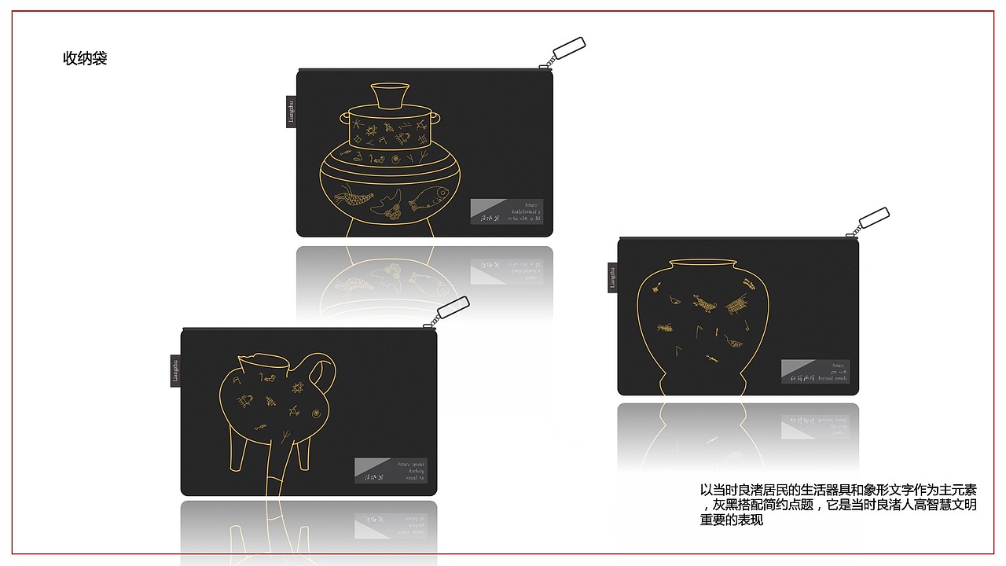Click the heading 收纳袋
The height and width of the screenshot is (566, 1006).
85,59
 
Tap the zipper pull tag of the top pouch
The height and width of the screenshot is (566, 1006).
569,48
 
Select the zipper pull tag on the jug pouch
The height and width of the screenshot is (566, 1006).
452,308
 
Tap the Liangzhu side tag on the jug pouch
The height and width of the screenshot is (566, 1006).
175,370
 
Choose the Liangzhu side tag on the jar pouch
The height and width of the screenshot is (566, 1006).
612,277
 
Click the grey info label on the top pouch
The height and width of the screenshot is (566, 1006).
506,211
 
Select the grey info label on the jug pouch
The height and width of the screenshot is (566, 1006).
391,470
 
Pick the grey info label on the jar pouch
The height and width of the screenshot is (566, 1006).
815,371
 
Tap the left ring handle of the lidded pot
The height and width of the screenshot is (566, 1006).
343,118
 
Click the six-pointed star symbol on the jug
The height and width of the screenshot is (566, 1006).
299,388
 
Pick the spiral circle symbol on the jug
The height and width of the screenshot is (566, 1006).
316,413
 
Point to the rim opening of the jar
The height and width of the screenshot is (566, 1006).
702,263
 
